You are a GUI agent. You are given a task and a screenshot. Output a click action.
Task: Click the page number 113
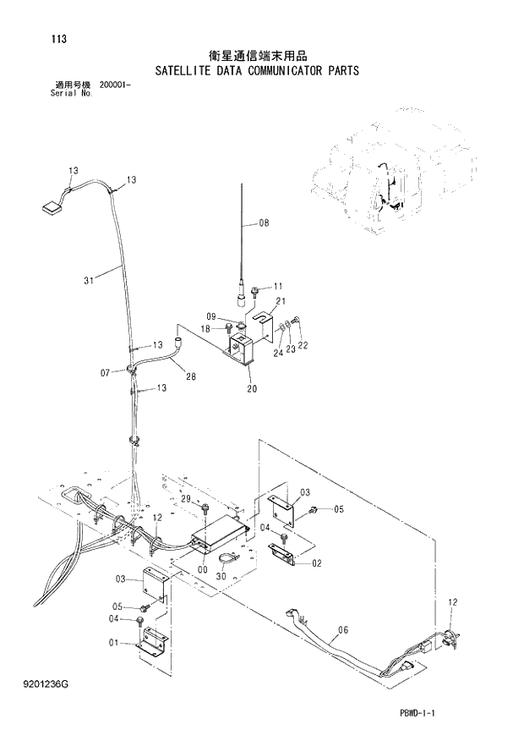tap(57, 39)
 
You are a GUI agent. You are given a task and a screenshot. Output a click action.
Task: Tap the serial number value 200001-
tap(116, 85)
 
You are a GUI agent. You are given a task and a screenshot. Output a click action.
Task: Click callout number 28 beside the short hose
tap(191, 376)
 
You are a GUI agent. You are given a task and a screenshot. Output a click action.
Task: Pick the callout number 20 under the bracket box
tap(252, 389)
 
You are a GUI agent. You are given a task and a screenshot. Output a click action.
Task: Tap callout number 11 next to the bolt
tap(278, 286)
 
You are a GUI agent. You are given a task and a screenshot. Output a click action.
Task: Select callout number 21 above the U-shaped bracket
tap(280, 302)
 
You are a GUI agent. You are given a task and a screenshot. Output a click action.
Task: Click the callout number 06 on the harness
tap(343, 628)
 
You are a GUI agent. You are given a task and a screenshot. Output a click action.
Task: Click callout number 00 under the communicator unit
tap(203, 569)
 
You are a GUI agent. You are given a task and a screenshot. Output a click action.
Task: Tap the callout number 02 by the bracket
tap(316, 563)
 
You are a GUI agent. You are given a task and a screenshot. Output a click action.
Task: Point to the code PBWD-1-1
tap(417, 715)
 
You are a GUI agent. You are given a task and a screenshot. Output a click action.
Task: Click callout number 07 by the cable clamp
tap(106, 372)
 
